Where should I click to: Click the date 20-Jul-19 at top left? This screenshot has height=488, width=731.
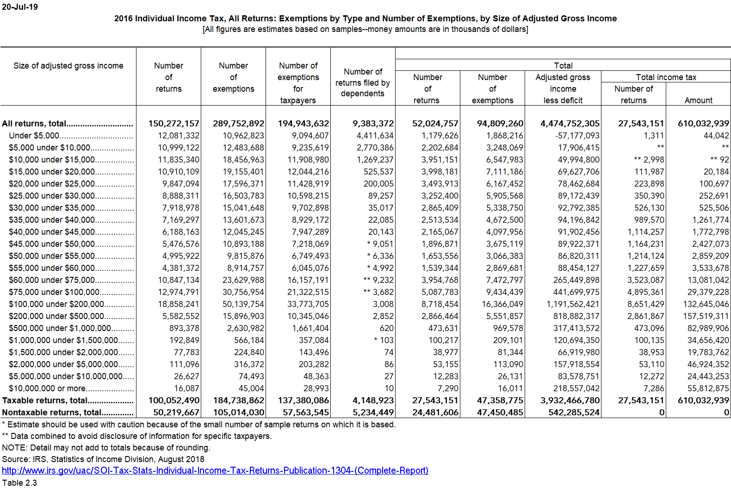pos(20,7)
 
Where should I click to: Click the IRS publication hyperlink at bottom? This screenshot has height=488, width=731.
pos(215,470)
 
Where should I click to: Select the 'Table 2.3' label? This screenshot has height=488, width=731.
pos(19,482)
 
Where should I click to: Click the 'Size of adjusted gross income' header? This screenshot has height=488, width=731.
pos(68,66)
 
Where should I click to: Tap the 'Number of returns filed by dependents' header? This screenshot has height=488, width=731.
pos(363,82)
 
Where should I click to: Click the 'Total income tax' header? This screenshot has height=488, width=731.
pos(666,77)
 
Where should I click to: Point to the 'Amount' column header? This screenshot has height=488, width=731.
pos(698,100)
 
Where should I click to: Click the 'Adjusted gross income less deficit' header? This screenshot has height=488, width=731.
pos(563,89)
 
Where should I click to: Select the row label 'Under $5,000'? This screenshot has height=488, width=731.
pos(34,136)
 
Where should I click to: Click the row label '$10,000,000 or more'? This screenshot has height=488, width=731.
pos(47,388)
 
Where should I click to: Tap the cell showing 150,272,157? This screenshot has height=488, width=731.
pos(173,124)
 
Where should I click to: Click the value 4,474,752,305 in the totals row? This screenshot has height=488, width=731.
pos(570,124)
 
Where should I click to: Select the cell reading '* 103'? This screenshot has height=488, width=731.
pos(384,340)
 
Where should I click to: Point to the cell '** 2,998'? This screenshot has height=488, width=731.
pos(649,160)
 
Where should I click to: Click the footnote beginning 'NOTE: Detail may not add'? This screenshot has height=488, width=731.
pos(106,448)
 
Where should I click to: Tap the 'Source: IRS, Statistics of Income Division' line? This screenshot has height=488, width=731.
pos(103,459)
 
